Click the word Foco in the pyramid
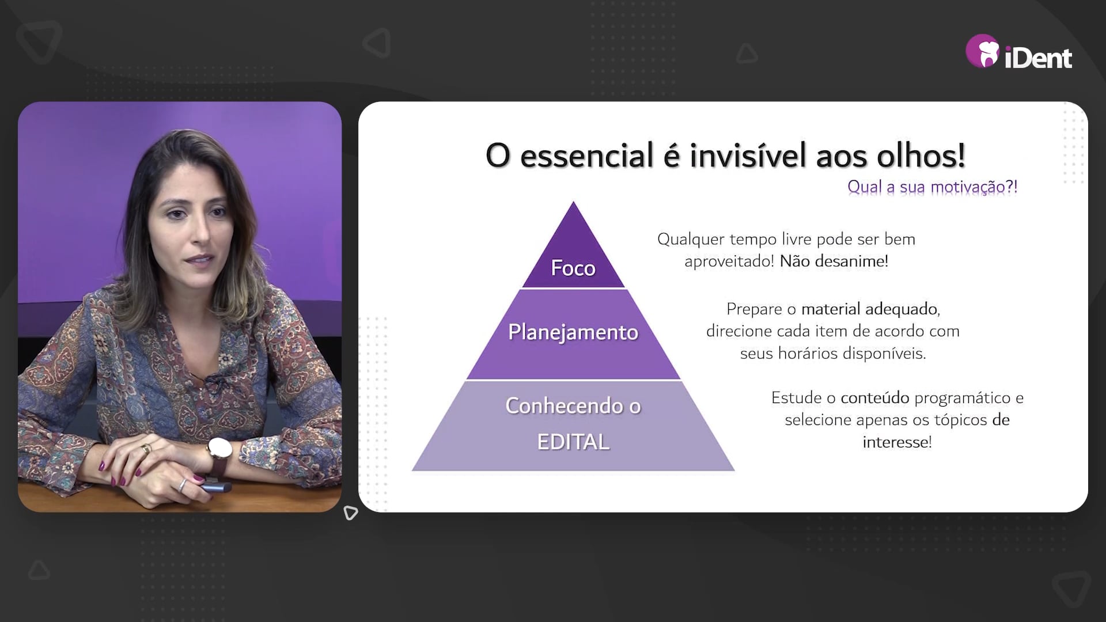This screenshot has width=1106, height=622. tap(573, 268)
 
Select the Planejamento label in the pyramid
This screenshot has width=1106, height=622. tap(573, 332)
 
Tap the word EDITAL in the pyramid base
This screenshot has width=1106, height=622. tap(573, 442)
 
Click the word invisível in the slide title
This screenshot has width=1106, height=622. tap(748, 155)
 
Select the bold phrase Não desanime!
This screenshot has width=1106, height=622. tap(834, 261)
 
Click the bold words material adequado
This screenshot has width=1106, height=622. tap(869, 309)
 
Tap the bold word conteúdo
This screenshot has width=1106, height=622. tap(875, 397)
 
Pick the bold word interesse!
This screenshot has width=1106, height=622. tap(897, 442)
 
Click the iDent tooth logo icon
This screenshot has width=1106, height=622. tap(983, 52)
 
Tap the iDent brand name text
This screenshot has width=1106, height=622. tap(1038, 58)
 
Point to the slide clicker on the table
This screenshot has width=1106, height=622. tap(215, 488)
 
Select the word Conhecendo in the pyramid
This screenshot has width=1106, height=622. tap(565, 406)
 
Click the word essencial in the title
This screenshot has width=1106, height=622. tap(586, 155)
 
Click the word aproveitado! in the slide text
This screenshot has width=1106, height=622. tap(729, 261)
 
